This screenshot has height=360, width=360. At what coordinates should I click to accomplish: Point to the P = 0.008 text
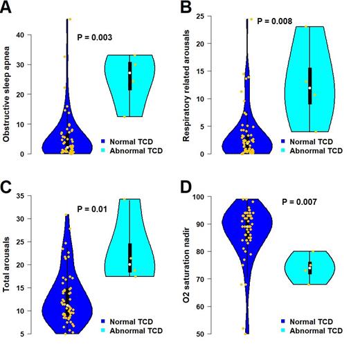[277, 21]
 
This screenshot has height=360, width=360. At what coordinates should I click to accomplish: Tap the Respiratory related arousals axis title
[186, 87]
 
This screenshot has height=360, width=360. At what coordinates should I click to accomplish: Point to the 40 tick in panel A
[20, 35]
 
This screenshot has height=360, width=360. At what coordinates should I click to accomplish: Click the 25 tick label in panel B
[198, 16]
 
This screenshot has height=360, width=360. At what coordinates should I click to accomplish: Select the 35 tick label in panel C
[20, 196]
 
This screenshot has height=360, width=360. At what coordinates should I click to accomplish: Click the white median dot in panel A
[129, 73]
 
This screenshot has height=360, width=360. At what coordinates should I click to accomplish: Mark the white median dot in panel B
[309, 88]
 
